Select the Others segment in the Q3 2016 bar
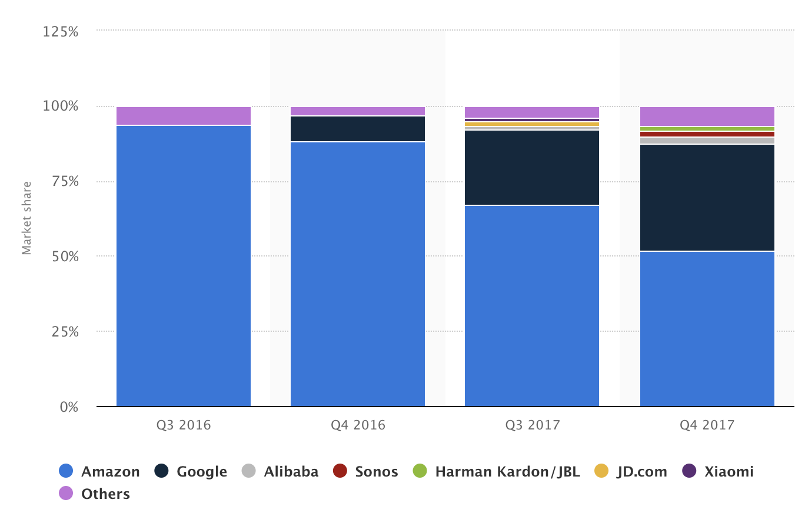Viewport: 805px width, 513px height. click(184, 116)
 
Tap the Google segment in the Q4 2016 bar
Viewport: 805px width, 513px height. click(358, 129)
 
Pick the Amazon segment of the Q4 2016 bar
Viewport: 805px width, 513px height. click(358, 274)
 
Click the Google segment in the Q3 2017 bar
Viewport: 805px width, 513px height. click(532, 168)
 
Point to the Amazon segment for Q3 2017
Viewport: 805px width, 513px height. click(532, 306)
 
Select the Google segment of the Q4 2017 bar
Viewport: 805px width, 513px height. click(707, 198)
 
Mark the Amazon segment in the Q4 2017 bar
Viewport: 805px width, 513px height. click(707, 329)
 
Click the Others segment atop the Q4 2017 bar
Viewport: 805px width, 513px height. click(707, 116)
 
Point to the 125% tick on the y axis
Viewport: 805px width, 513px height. click(61, 31)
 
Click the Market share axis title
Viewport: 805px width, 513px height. click(26, 218)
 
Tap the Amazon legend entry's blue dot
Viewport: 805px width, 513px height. click(66, 471)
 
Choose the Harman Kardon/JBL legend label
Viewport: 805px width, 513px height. click(507, 472)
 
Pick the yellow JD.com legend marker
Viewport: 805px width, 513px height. click(601, 471)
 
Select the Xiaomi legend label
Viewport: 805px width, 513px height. click(729, 472)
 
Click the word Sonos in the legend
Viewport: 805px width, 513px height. click(377, 472)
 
